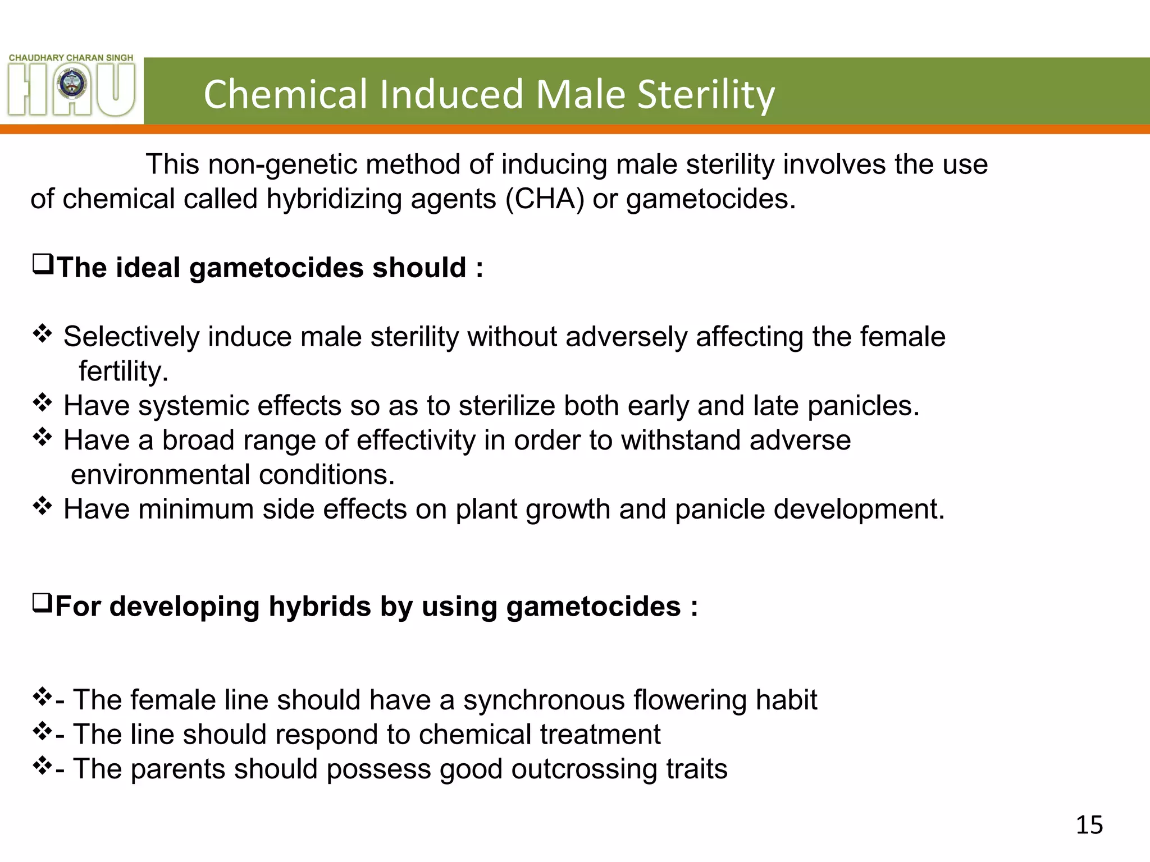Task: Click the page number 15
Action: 1089,825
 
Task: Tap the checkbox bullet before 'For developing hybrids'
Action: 43,604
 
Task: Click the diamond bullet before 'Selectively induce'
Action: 43,335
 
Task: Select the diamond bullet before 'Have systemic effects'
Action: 43,403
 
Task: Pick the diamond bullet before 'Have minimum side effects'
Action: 43,507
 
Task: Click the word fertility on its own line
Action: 124,372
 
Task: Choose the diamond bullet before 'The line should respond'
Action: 43,732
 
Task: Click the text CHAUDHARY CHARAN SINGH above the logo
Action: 71,58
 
